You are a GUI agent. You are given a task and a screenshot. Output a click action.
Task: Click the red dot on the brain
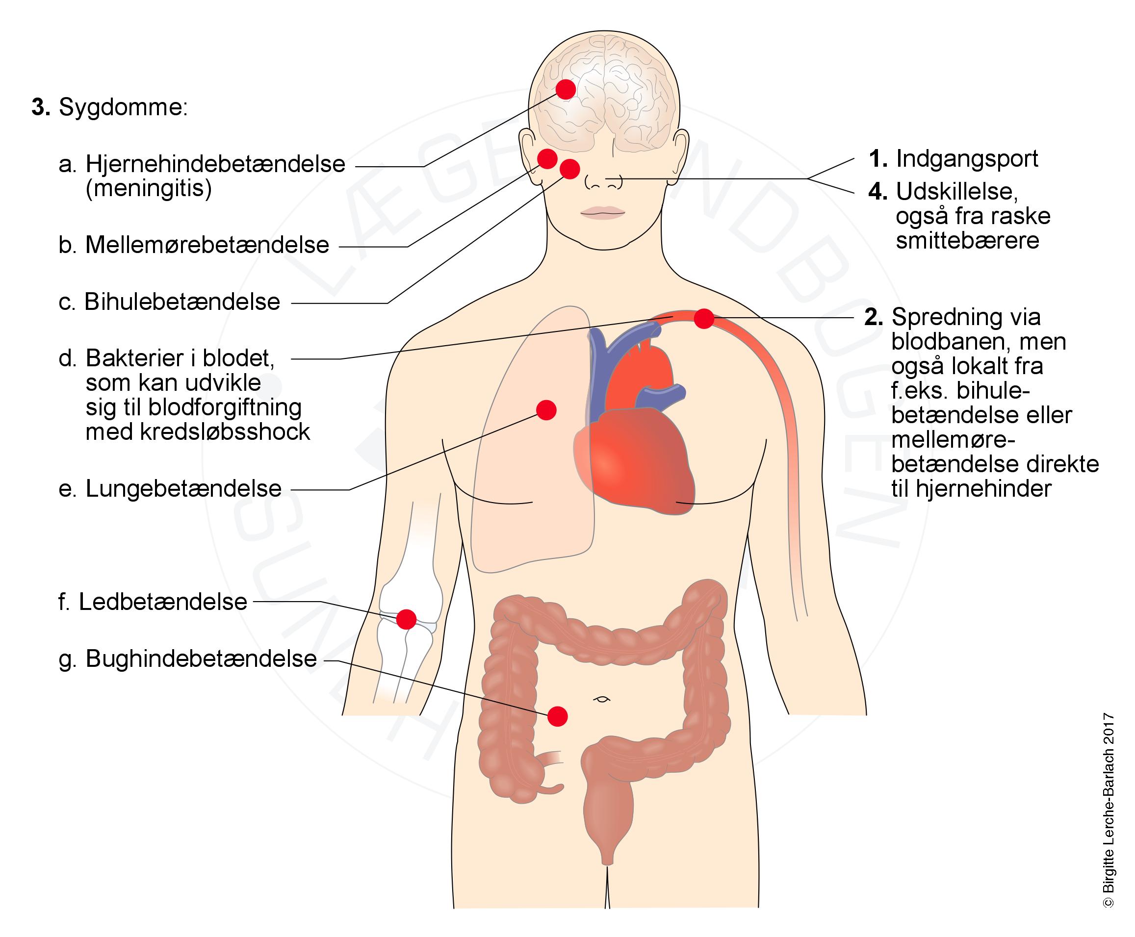[566, 89]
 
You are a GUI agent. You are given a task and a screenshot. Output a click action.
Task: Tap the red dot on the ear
[547, 159]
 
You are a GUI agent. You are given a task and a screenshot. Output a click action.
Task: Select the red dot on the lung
[546, 410]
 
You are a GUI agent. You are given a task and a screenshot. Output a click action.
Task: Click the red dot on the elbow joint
[406, 619]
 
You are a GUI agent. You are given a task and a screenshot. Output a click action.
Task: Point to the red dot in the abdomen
[557, 716]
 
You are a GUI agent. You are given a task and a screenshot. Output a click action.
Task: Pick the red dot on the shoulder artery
[703, 318]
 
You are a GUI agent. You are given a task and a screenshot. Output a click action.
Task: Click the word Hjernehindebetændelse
[215, 164]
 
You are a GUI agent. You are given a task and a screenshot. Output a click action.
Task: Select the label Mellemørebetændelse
[207, 245]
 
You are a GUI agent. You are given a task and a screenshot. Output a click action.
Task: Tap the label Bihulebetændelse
[182, 302]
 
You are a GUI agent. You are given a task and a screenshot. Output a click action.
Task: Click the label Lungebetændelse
[183, 488]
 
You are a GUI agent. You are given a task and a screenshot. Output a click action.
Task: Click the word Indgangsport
[967, 159]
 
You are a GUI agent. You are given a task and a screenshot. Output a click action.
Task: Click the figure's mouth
[603, 212]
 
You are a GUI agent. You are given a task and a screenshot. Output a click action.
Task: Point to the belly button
[601, 699]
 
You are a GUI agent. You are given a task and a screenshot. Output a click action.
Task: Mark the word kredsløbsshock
[198, 432]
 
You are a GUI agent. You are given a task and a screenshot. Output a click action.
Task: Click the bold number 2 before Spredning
[873, 317]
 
